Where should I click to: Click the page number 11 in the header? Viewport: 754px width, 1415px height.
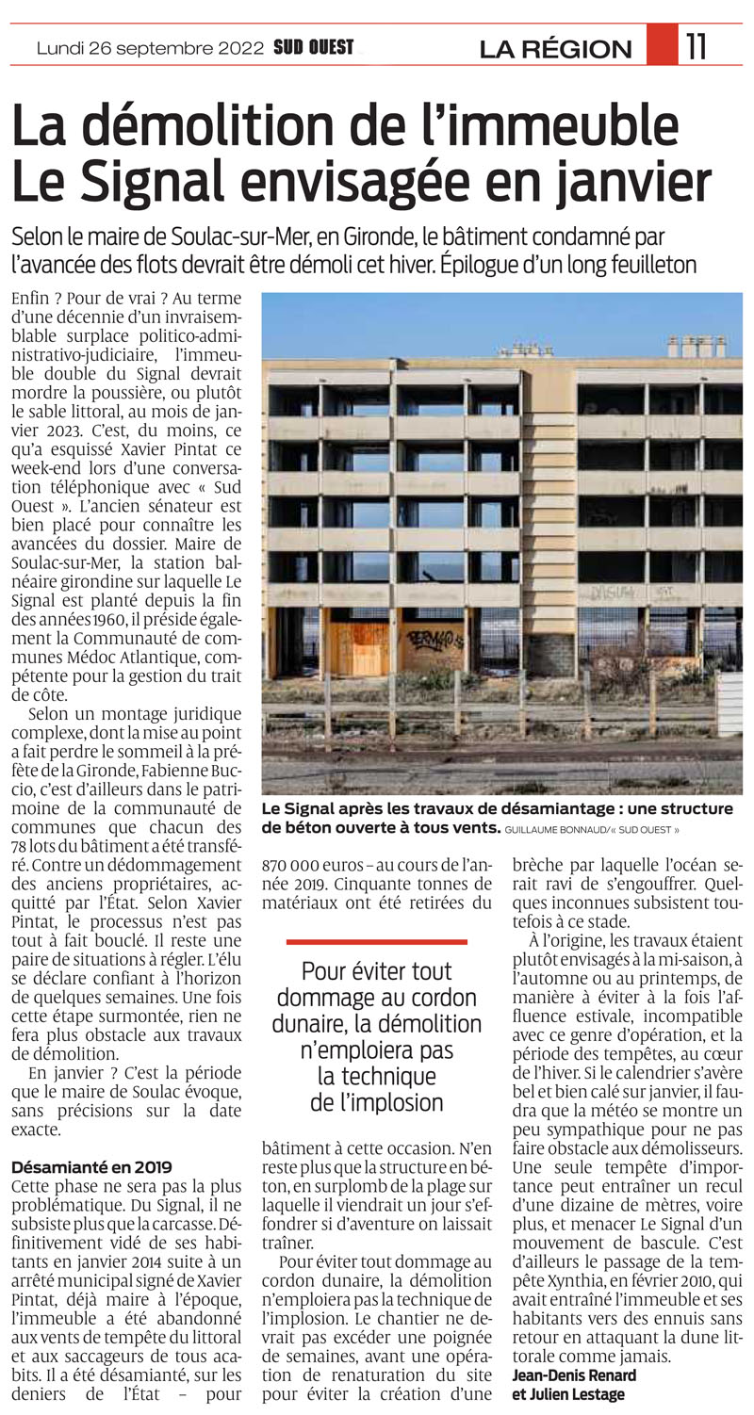click(697, 46)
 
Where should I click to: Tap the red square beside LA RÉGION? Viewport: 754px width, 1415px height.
click(662, 44)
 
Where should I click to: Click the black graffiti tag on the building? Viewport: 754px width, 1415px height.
click(435, 640)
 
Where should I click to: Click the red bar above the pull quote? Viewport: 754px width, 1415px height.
click(376, 941)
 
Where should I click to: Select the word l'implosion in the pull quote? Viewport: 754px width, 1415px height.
click(376, 1101)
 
